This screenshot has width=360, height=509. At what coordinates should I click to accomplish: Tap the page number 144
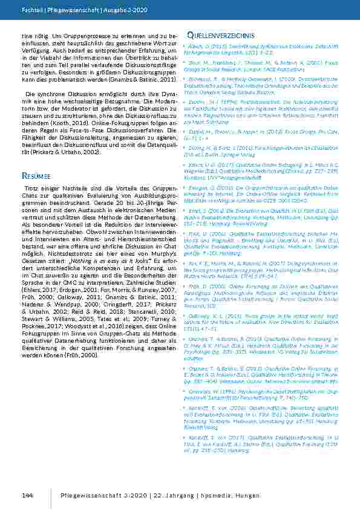click(x=27, y=495)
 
